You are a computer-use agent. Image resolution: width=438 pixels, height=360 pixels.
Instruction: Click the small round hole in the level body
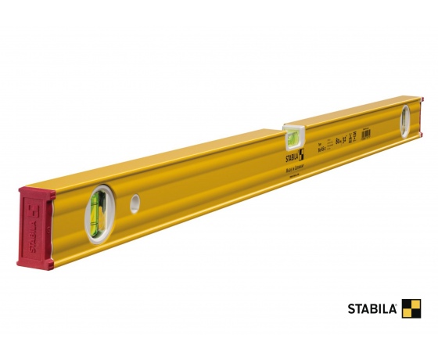pos(135,203)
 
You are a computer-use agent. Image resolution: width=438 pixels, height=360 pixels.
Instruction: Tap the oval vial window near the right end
pos(404,122)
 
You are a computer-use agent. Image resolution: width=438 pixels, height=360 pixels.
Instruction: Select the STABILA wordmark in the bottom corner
pos(373,309)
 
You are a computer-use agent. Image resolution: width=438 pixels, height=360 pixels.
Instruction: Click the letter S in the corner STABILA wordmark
pos(351,309)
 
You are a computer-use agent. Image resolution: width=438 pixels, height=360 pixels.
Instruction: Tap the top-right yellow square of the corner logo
pos(416,304)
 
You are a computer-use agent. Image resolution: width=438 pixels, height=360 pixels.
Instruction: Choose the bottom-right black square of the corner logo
pos(416,313)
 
